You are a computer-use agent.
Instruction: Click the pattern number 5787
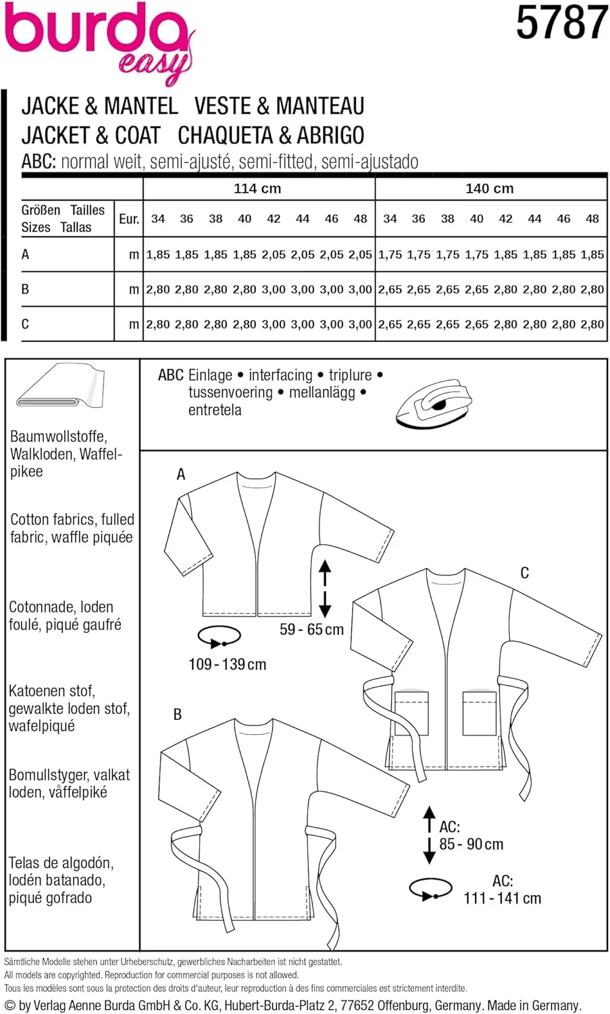coord(561,22)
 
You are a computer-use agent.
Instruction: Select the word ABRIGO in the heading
coord(330,135)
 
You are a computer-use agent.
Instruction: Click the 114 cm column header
coord(257,189)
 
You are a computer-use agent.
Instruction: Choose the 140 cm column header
coord(489,189)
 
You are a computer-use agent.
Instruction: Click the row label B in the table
coord(25,289)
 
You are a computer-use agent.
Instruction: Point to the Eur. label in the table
coord(128,218)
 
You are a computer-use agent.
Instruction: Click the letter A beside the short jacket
coord(180,474)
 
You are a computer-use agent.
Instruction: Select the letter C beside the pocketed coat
coord(524,573)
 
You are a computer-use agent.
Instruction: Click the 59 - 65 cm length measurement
coord(311,629)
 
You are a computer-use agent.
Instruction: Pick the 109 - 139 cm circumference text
coord(227,665)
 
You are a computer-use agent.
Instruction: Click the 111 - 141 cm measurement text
coord(502,898)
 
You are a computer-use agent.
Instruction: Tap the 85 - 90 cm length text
coord(471,844)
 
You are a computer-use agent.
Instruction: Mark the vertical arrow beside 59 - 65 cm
coord(325,587)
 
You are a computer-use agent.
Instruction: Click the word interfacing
coord(280,375)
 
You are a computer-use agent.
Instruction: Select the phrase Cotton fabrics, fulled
coord(72,519)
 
